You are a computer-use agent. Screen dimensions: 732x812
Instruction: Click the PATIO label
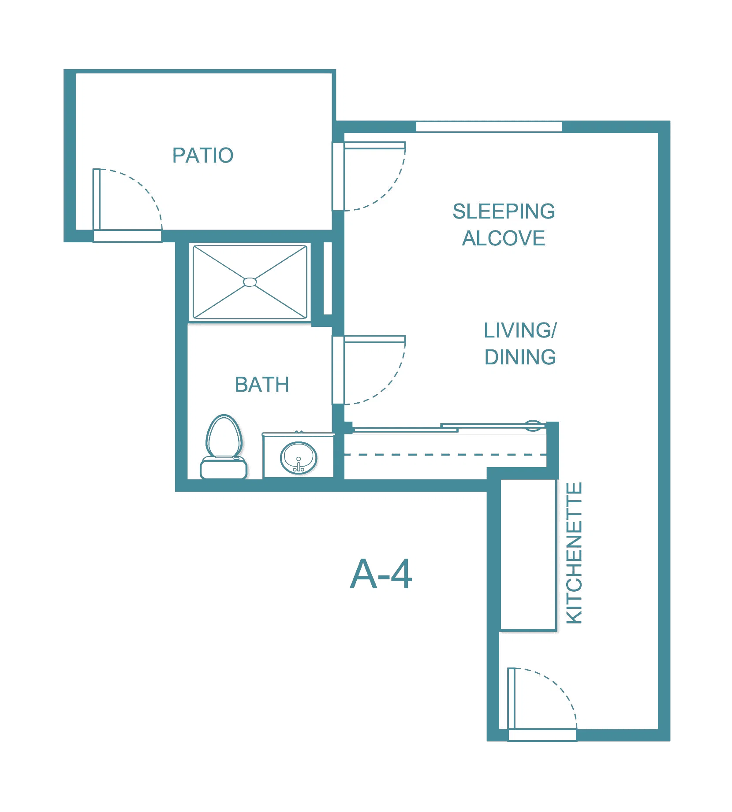[203, 155]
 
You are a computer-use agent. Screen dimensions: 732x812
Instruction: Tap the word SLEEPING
[504, 211]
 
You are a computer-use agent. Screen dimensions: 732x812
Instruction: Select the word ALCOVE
[504, 238]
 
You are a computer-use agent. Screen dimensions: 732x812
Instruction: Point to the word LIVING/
[520, 330]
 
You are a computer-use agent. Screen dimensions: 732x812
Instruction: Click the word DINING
[520, 357]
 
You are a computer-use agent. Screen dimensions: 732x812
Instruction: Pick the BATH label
[262, 384]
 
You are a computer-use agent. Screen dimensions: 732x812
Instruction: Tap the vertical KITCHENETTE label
[574, 553]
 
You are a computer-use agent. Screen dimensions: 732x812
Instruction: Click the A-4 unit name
[381, 574]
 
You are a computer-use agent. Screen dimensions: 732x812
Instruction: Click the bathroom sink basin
[299, 457]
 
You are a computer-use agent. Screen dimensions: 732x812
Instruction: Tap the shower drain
[250, 282]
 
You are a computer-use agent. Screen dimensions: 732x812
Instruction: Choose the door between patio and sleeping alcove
[369, 176]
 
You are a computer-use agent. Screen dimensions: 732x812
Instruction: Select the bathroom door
[369, 370]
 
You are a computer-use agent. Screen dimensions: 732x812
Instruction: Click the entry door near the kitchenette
[542, 704]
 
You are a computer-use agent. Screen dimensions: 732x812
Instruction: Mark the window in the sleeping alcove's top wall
[489, 127]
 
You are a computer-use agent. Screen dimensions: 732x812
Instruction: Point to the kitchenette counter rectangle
[528, 555]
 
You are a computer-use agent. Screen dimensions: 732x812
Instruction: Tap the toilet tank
[224, 468]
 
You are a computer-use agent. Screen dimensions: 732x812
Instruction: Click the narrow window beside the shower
[328, 278]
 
